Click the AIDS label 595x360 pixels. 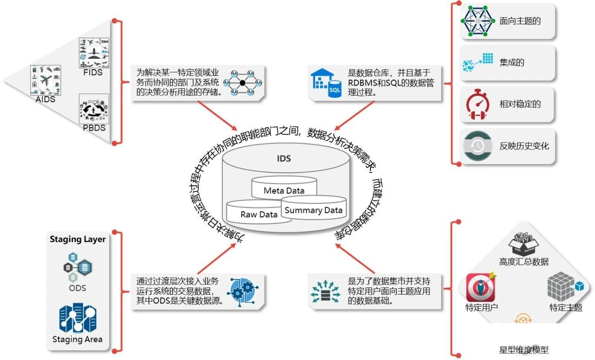pyautogui.click(x=45, y=99)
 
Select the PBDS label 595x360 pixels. pyautogui.click(x=94, y=128)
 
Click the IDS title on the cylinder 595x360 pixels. pyautogui.click(x=284, y=158)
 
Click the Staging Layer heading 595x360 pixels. pyautogui.click(x=78, y=239)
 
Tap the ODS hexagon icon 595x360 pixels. pyautogui.click(x=78, y=265)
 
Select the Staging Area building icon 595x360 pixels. pyautogui.click(x=77, y=317)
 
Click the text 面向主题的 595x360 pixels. pyautogui.click(x=520, y=21)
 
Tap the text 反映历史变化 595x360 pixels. pyautogui.click(x=524, y=146)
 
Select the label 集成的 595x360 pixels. pyautogui.click(x=512, y=62)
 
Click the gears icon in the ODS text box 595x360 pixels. pyautogui.click(x=241, y=290)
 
